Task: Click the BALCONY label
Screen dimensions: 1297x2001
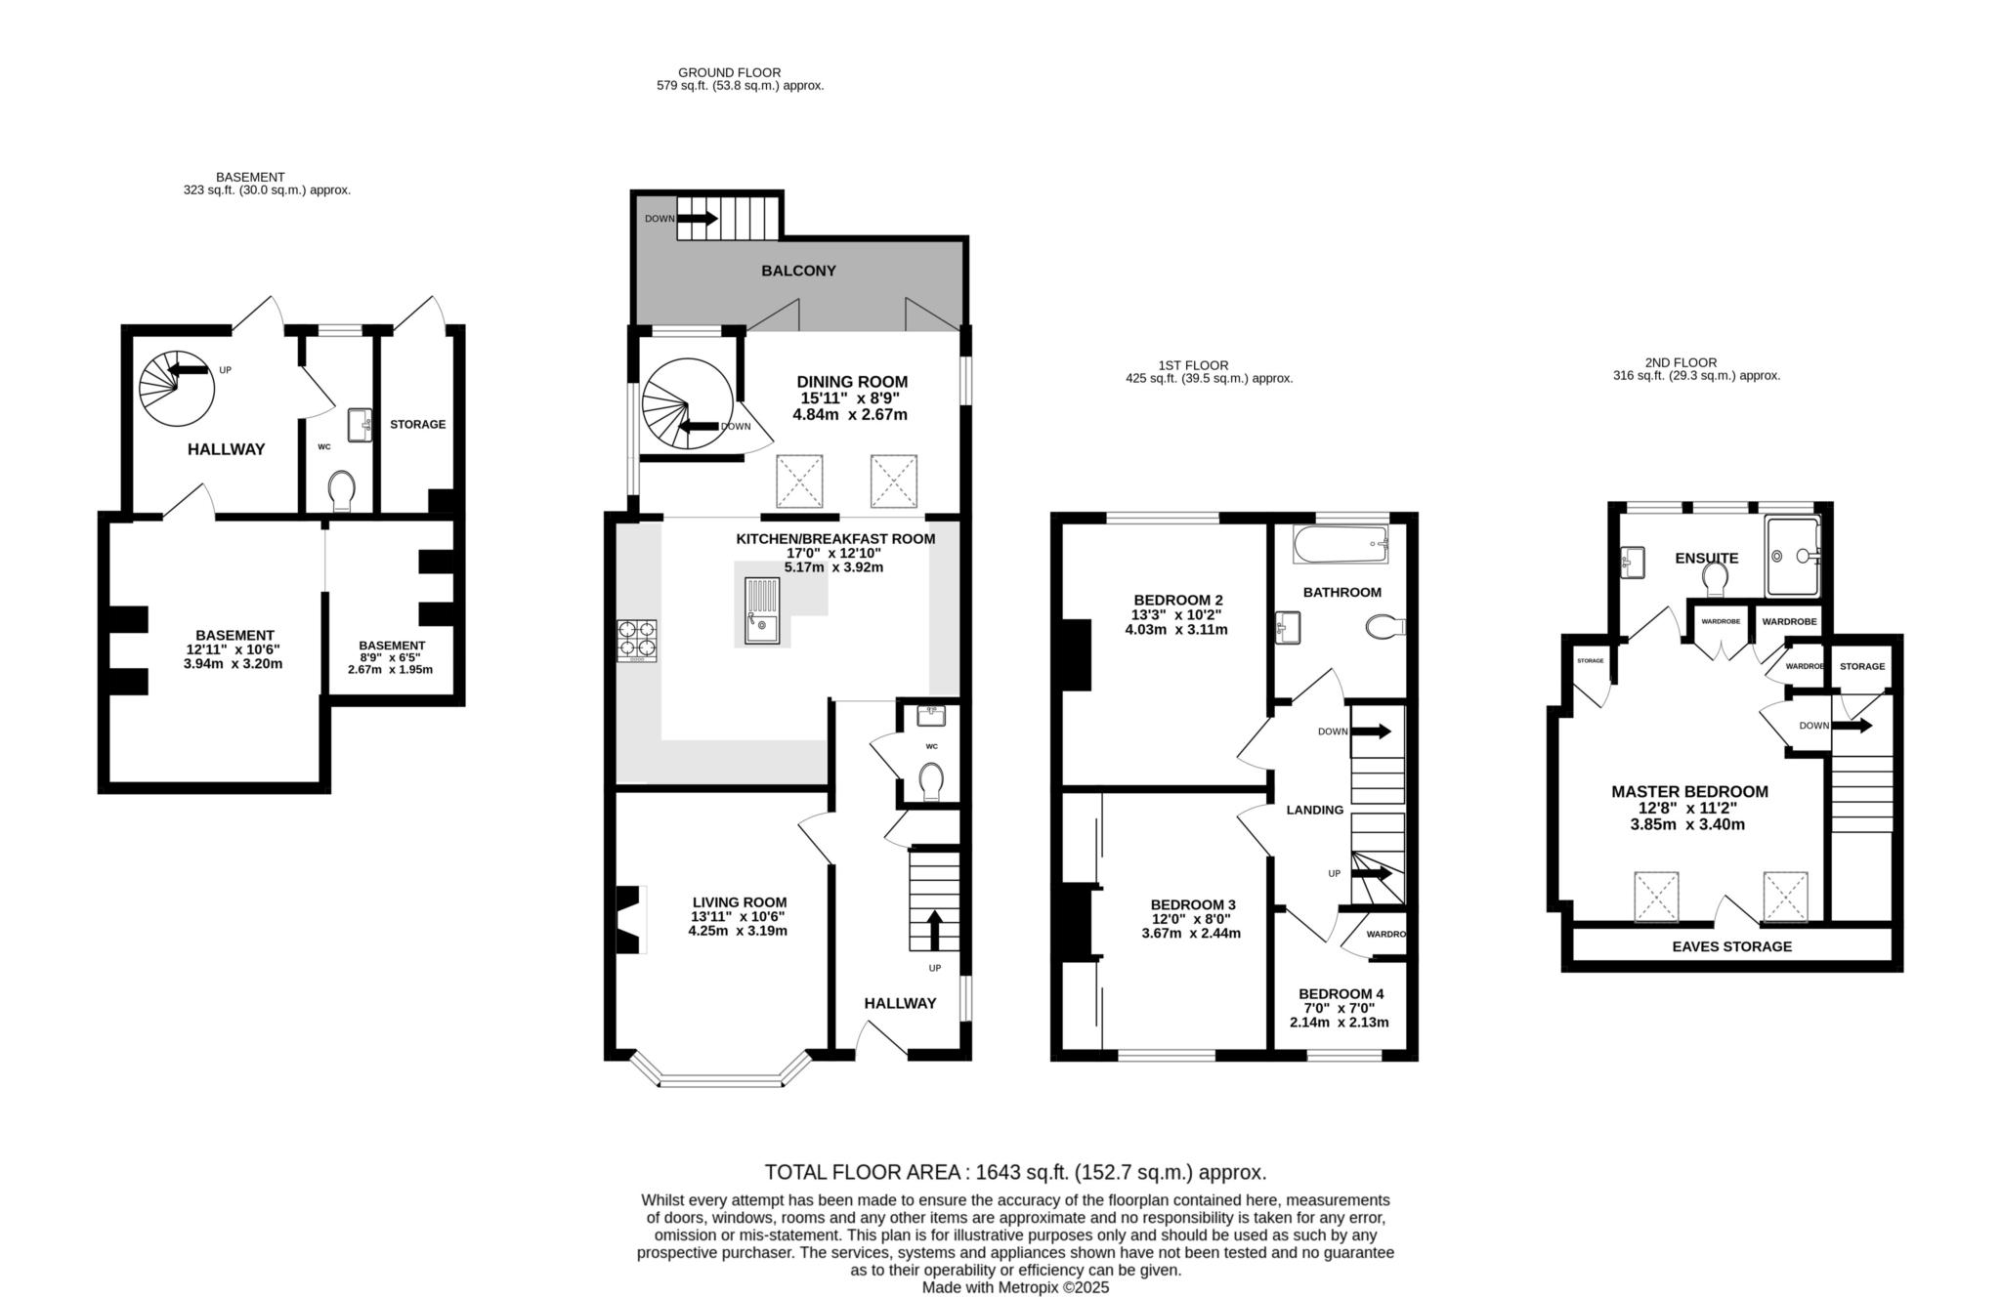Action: click(x=798, y=271)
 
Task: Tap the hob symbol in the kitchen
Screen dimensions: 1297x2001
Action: click(x=636, y=641)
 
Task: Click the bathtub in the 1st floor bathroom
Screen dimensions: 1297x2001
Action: click(x=1340, y=544)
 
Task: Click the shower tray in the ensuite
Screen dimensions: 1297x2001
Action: click(x=1793, y=556)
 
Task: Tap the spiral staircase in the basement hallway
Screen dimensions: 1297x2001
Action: click(x=176, y=388)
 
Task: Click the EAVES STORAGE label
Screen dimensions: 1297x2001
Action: click(x=1731, y=946)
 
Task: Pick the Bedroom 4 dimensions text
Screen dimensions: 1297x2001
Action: click(x=1339, y=1016)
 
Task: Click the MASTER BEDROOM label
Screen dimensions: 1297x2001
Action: click(x=1688, y=792)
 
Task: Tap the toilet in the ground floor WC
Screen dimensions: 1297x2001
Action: click(x=931, y=780)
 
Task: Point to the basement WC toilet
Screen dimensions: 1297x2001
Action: click(x=342, y=490)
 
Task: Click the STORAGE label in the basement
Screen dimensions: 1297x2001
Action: click(x=417, y=425)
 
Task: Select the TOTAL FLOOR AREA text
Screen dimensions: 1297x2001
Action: click(x=1014, y=1172)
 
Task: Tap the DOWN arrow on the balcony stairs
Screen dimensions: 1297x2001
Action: click(x=697, y=219)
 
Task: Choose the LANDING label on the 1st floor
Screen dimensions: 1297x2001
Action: click(x=1314, y=810)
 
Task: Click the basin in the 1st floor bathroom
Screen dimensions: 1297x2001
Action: click(x=1288, y=627)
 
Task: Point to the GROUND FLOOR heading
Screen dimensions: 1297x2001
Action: click(x=729, y=72)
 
